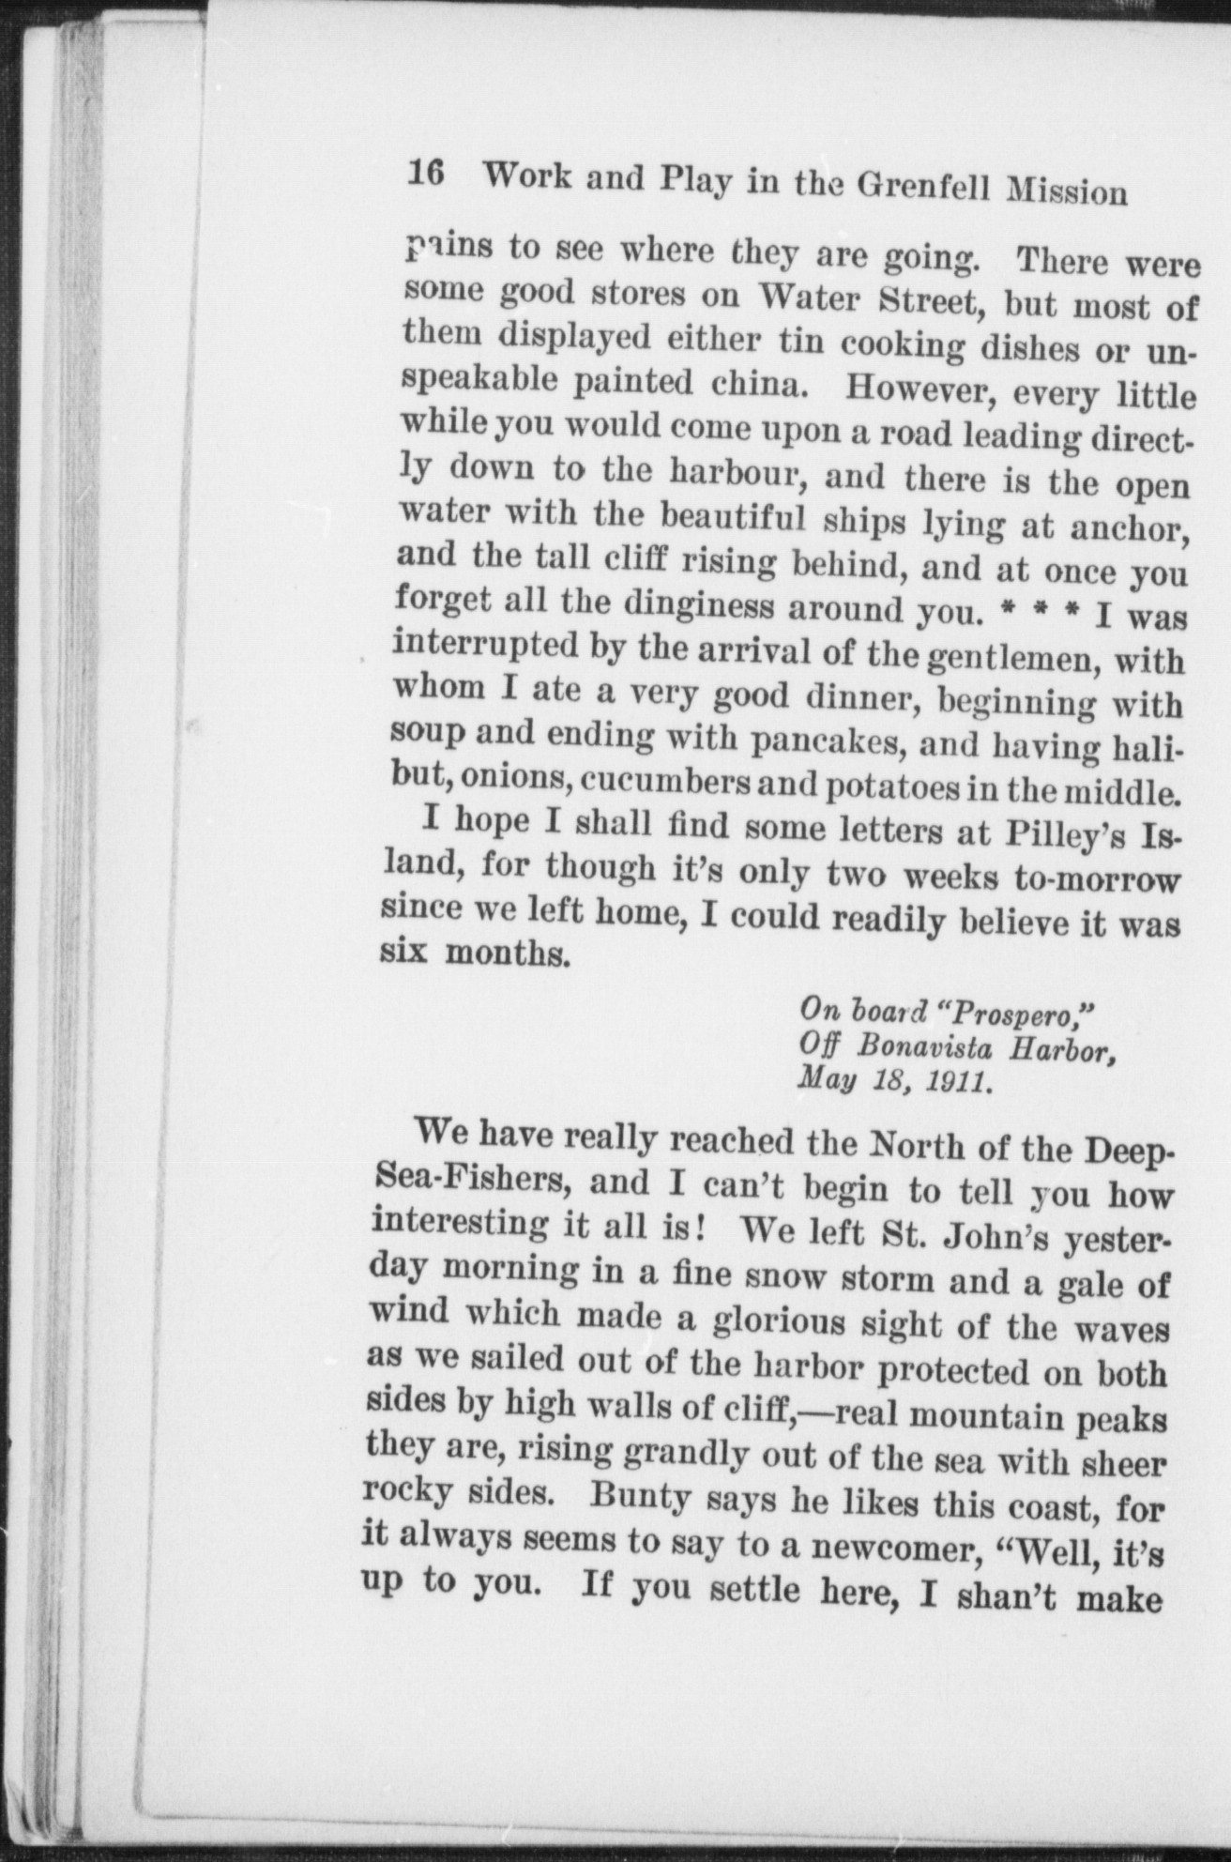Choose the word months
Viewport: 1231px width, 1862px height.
[x=507, y=954]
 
